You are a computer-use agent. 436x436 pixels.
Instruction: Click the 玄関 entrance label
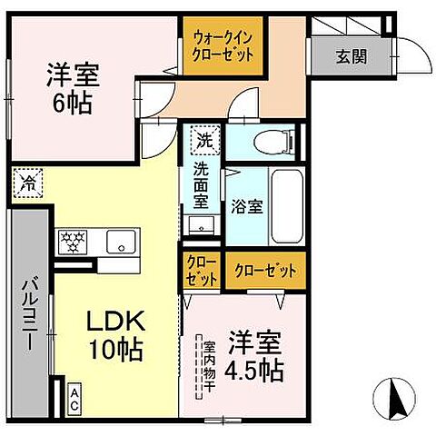352,57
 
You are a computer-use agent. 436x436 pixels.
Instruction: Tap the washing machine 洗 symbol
203,141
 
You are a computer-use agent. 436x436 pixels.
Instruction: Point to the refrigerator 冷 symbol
25,181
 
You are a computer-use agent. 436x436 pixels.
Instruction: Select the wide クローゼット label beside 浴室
263,271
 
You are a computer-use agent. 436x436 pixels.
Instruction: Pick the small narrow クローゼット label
202,271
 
